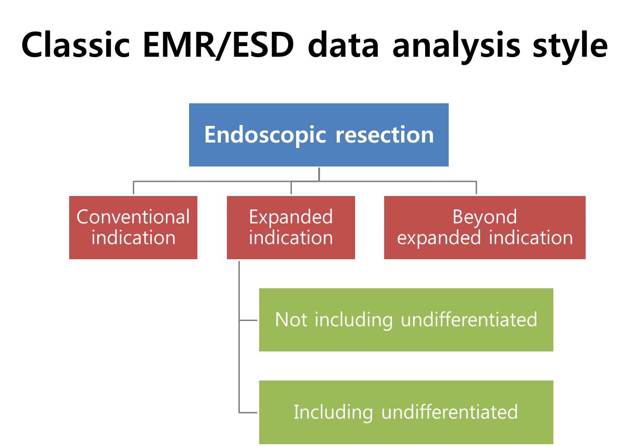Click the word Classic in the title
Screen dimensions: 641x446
pos(76,45)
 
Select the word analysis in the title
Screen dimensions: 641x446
pos(457,47)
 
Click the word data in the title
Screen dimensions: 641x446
pos(343,45)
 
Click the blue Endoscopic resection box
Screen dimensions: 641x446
pos(319,135)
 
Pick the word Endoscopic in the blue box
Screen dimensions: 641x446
pos(265,135)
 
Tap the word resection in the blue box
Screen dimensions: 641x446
pos(385,135)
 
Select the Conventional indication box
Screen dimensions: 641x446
pos(133,227)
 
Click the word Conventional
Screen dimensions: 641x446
pos(133,217)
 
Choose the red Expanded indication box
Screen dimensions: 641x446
pos(291,227)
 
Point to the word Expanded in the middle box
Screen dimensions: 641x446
pos(291,217)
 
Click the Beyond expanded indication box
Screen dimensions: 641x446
pos(485,227)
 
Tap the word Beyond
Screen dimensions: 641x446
pos(485,217)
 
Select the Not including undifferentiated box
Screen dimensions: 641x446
pos(406,320)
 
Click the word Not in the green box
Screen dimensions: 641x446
pos(291,320)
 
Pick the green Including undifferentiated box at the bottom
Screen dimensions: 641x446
pos(406,412)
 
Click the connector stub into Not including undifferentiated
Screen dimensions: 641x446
pos(248,321)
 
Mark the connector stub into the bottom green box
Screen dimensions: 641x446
pos(248,412)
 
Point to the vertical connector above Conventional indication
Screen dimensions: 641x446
pos(134,188)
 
